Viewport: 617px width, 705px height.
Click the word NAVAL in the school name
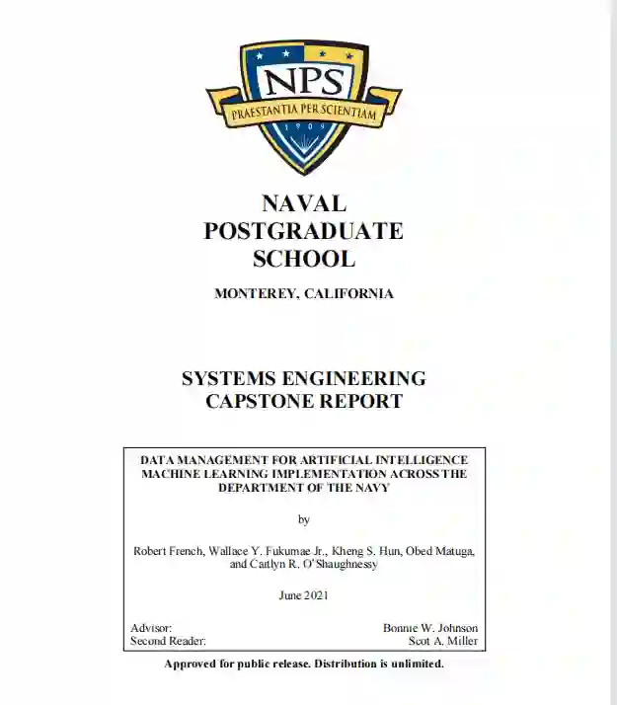[304, 204]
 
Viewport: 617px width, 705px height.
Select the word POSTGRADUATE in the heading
[304, 231]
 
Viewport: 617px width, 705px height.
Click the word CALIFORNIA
[348, 293]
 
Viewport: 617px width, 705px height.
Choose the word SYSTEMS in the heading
[232, 378]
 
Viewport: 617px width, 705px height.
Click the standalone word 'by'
[304, 518]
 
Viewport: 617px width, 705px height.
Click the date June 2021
[304, 595]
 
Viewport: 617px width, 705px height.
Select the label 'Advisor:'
[151, 628]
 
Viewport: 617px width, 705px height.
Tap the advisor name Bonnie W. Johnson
[430, 628]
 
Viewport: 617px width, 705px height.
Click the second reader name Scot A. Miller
[443, 641]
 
